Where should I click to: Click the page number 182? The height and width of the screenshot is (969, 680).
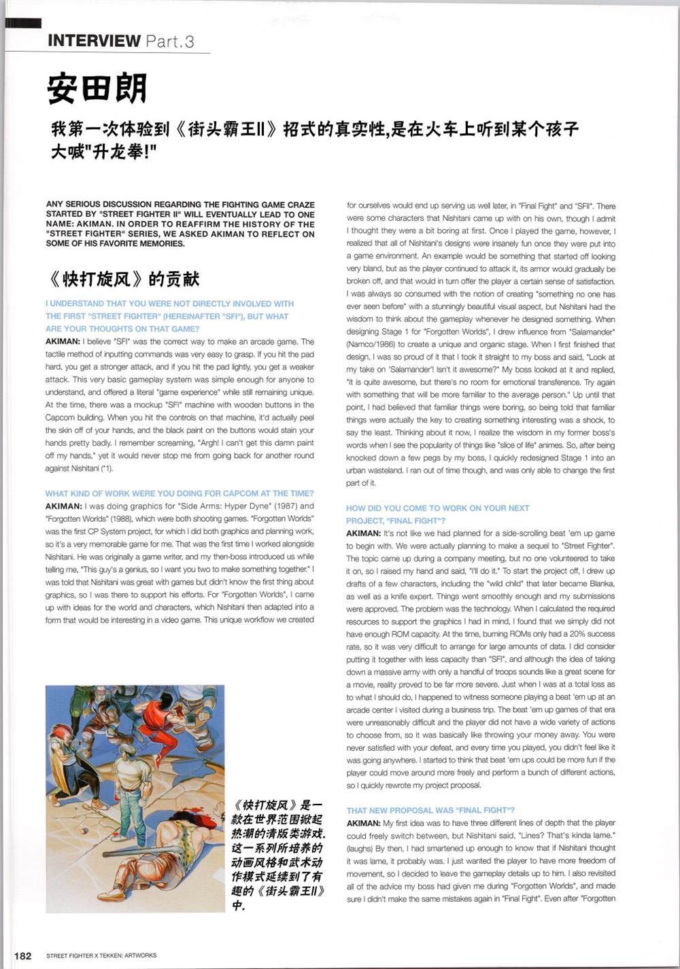pos(22,955)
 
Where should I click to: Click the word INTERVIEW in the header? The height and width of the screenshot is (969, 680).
pos(94,41)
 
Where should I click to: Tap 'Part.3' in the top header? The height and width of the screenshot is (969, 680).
pos(169,41)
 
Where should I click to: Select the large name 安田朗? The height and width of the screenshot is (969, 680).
pos(97,88)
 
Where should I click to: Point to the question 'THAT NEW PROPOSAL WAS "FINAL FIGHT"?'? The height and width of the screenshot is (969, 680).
pos(430,810)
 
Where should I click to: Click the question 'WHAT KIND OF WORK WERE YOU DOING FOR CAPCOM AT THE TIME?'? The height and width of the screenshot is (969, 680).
pos(180,493)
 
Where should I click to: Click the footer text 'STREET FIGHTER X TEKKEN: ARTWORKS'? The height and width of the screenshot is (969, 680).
pos(101,955)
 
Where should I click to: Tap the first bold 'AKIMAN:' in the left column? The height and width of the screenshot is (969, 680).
pos(63,342)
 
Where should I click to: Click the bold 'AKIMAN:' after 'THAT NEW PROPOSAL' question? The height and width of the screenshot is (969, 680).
pos(364,823)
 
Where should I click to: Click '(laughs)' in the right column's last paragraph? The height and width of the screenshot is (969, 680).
pos(360,848)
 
